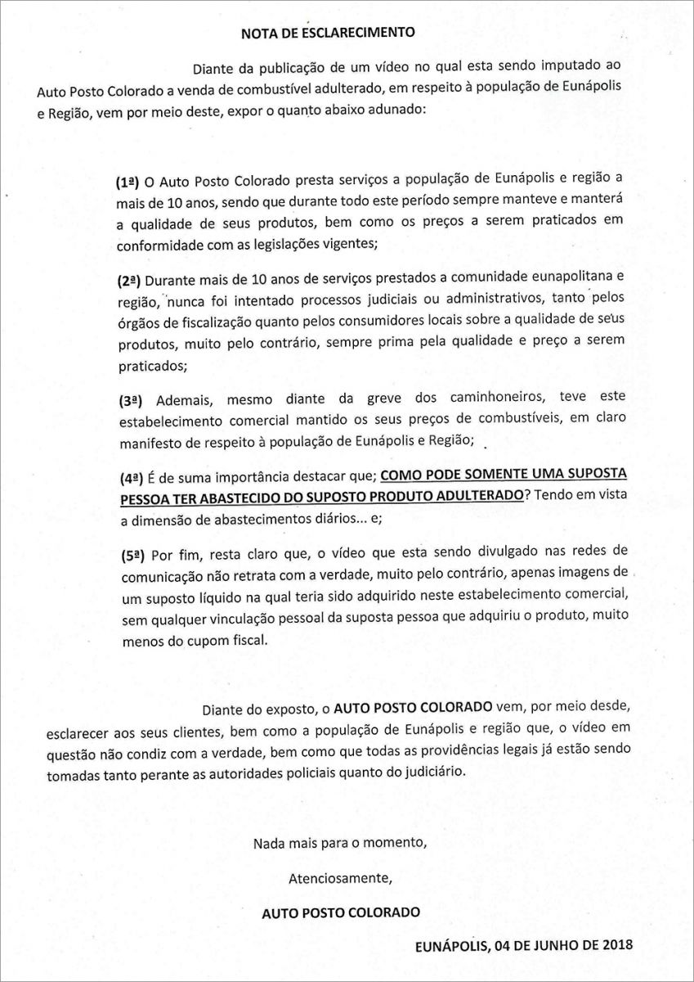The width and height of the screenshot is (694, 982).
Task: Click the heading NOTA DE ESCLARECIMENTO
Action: pyautogui.click(x=328, y=34)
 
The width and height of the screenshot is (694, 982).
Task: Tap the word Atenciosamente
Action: pyautogui.click(x=341, y=879)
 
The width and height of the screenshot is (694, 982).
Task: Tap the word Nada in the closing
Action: pyautogui.click(x=270, y=842)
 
